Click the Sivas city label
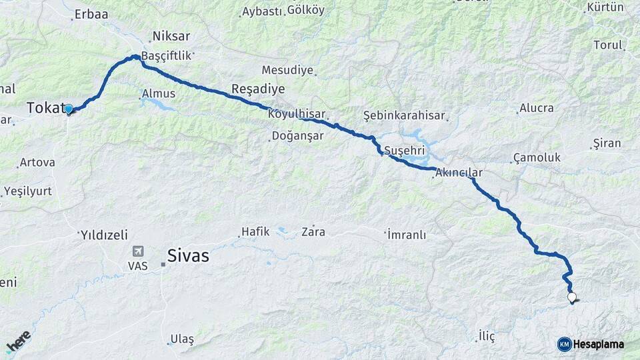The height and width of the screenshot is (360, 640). (x=188, y=256)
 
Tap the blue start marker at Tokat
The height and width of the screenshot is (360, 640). (x=68, y=109)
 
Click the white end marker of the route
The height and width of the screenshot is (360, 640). (x=571, y=297)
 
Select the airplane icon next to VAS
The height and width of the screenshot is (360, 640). (x=138, y=251)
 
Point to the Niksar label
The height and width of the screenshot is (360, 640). (x=171, y=36)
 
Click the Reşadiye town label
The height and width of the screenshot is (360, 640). (x=257, y=89)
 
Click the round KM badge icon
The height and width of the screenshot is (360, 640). (x=564, y=344)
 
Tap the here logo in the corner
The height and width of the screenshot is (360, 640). (x=18, y=341)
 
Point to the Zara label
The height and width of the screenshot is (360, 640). (x=313, y=232)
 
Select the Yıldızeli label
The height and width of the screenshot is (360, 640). (x=103, y=235)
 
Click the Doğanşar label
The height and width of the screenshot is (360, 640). (x=298, y=136)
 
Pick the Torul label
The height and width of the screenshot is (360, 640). (x=607, y=45)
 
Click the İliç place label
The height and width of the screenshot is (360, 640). (x=487, y=336)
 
